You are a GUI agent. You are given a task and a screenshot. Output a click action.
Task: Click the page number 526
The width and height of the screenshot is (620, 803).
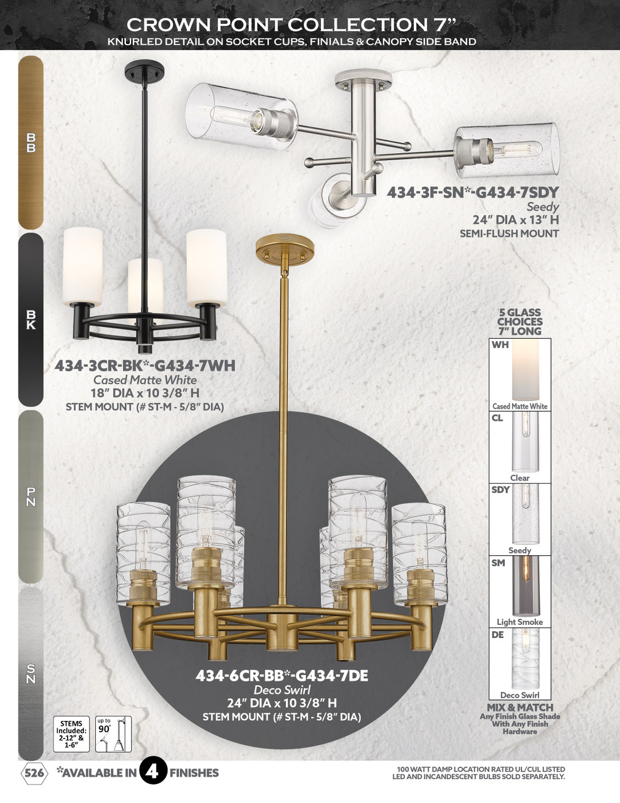[x=34, y=773]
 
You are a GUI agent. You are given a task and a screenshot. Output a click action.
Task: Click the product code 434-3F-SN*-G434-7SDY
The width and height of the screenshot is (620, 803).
[x=472, y=192]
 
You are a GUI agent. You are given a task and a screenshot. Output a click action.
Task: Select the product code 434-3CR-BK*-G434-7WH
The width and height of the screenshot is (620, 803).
[x=145, y=365]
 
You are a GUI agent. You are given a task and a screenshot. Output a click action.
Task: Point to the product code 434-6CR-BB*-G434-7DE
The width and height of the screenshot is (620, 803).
[x=281, y=676]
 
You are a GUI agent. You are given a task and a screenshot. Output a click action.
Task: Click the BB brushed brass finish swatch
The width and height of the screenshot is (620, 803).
[x=31, y=142]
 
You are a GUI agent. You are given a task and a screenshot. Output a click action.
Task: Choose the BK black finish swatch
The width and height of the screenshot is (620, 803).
[x=31, y=319]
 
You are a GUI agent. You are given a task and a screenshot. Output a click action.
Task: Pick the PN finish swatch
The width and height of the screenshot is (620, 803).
[x=31, y=496]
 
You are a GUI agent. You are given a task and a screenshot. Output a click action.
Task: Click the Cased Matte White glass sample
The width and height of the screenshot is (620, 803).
[x=520, y=371]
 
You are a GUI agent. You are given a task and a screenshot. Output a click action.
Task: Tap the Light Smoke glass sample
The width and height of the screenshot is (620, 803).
[x=520, y=587]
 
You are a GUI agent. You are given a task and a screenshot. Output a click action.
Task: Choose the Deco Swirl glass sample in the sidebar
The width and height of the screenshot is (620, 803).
[x=520, y=660]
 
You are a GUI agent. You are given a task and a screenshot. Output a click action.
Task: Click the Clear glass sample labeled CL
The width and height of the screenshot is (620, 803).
[x=520, y=444]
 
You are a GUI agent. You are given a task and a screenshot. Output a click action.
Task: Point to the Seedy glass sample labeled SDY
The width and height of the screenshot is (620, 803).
[x=520, y=516]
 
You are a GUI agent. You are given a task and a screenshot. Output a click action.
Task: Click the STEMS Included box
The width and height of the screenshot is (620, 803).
[x=71, y=735]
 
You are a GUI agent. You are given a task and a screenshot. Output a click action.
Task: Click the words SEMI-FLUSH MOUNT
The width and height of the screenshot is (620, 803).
[x=509, y=233]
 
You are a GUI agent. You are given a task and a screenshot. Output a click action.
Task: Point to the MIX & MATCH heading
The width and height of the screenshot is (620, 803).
[x=520, y=708]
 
